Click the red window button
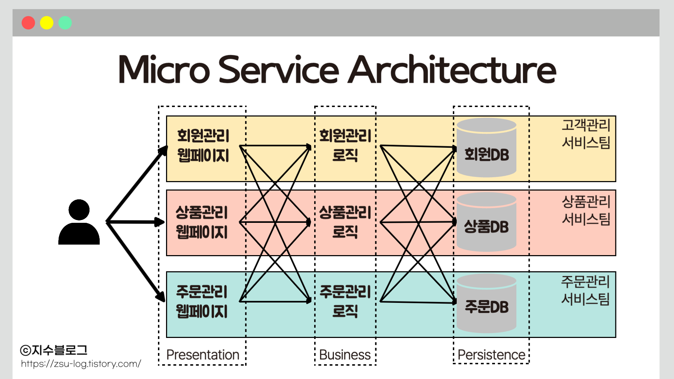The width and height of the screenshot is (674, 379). point(28,23)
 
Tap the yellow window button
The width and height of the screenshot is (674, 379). point(47,23)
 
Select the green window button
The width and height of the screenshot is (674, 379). point(65,23)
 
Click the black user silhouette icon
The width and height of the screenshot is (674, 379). point(79,222)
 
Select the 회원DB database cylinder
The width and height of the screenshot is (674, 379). point(487,148)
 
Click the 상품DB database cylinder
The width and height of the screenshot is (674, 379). point(487,222)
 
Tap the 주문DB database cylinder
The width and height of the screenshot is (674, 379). point(487,304)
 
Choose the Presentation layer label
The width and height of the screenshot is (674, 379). point(203,355)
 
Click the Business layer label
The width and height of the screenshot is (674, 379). point(345,355)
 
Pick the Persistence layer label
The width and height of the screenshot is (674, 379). point(491,355)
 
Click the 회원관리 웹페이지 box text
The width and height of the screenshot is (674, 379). point(203,145)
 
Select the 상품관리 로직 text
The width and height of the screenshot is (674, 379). point(345,222)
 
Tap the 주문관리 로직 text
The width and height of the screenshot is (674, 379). point(345,301)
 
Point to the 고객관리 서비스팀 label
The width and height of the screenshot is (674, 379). point(586,134)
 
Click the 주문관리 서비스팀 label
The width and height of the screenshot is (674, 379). point(585,290)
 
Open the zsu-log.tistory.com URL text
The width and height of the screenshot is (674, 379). point(81,364)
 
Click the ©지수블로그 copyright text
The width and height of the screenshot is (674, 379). point(54,350)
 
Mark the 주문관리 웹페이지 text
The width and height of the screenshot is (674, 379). point(202,301)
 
